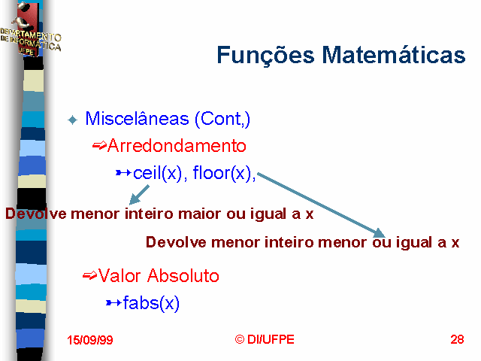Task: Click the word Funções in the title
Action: [265, 55]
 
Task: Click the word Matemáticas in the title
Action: [394, 54]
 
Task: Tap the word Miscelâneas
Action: [137, 118]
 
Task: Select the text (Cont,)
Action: [222, 119]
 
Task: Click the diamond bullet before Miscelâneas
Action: [73, 120]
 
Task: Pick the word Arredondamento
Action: [177, 145]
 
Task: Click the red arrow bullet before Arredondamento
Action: [99, 145]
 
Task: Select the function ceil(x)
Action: [158, 173]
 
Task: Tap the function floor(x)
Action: [222, 173]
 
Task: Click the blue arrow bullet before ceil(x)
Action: [123, 173]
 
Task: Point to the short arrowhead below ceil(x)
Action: [134, 199]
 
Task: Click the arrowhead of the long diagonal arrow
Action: [379, 233]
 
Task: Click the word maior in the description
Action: [199, 214]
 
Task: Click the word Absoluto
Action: [183, 275]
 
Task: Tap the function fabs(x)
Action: [151, 303]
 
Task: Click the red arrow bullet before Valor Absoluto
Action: [90, 275]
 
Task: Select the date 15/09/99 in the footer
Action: [90, 340]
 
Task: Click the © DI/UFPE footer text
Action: [265, 339]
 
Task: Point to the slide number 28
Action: [457, 339]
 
